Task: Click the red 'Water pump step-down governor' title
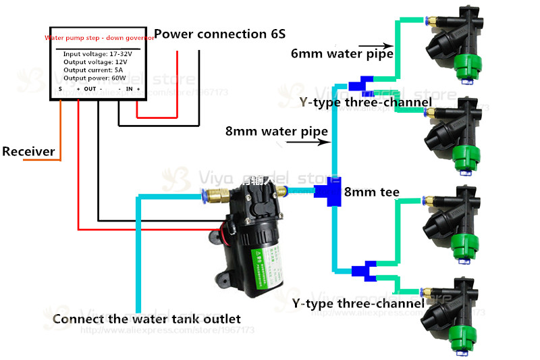[x=99, y=38]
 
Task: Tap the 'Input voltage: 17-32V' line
[x=97, y=53]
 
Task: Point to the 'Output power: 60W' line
[x=94, y=78]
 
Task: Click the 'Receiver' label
[x=28, y=151]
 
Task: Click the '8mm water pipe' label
[x=277, y=131]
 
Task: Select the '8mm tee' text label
[x=371, y=192]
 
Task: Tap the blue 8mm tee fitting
[x=333, y=192]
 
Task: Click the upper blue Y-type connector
[x=364, y=85]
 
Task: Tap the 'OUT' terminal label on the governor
[x=90, y=88]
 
